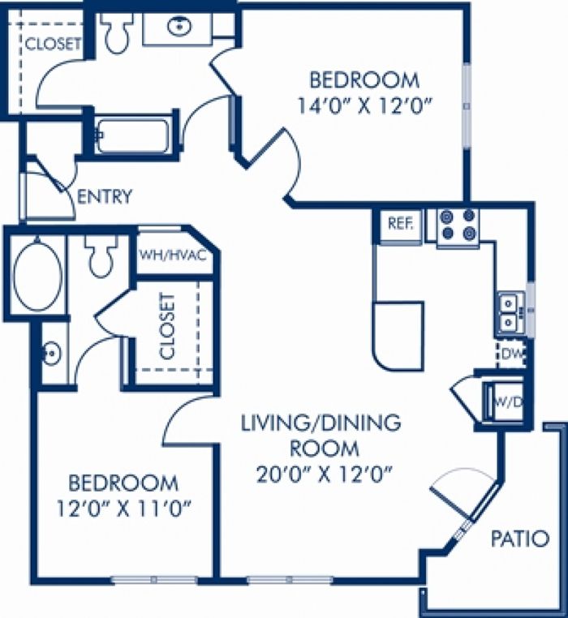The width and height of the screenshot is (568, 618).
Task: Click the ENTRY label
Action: pos(105,196)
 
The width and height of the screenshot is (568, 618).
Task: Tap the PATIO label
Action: pos(520,539)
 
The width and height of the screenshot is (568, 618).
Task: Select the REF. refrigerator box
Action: pos(401,224)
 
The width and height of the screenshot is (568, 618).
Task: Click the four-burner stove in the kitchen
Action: pos(458,225)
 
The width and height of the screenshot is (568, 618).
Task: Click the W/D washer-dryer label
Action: pos(508,402)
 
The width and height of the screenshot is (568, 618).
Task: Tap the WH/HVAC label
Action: pos(173,255)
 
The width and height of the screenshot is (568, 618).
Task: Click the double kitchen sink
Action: pos(509,313)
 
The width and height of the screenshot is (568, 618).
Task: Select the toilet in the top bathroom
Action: pos(118,32)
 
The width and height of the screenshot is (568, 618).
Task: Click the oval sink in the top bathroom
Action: pos(179,27)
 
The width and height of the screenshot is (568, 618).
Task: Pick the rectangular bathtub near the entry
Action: pos(132,136)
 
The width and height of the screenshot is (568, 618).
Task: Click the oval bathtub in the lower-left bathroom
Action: pos(37,275)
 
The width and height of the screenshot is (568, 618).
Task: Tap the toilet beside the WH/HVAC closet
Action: pos(101,256)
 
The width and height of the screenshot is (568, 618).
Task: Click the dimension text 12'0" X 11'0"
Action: pos(123,509)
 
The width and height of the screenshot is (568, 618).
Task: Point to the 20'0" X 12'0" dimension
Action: pos(325,474)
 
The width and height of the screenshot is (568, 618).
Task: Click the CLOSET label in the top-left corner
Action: pos(53,44)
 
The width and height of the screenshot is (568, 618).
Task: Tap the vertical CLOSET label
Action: pos(168,326)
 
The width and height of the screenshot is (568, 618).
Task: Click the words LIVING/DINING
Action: pos(321,423)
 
